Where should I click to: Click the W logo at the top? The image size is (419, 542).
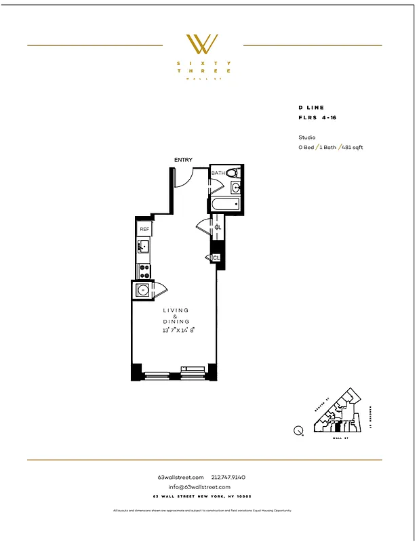[x=203, y=44]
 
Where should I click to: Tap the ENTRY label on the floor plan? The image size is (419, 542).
[x=183, y=160]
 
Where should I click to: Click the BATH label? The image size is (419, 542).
[x=218, y=173]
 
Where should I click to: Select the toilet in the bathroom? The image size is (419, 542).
[x=233, y=173]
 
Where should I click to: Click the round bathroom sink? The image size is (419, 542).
[x=235, y=188]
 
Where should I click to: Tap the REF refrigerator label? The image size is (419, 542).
[x=144, y=230]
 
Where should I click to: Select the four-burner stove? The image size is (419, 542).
[x=144, y=270]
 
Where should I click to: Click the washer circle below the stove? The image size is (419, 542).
[x=142, y=291]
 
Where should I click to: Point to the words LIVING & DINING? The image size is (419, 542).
[x=176, y=316]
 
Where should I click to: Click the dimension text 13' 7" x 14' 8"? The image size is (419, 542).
[x=178, y=331]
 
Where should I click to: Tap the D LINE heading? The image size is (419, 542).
[x=311, y=108]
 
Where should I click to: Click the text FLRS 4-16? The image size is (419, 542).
[x=317, y=117]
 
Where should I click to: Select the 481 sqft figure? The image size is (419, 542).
[x=353, y=147]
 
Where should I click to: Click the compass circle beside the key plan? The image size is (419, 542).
[x=298, y=430]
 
